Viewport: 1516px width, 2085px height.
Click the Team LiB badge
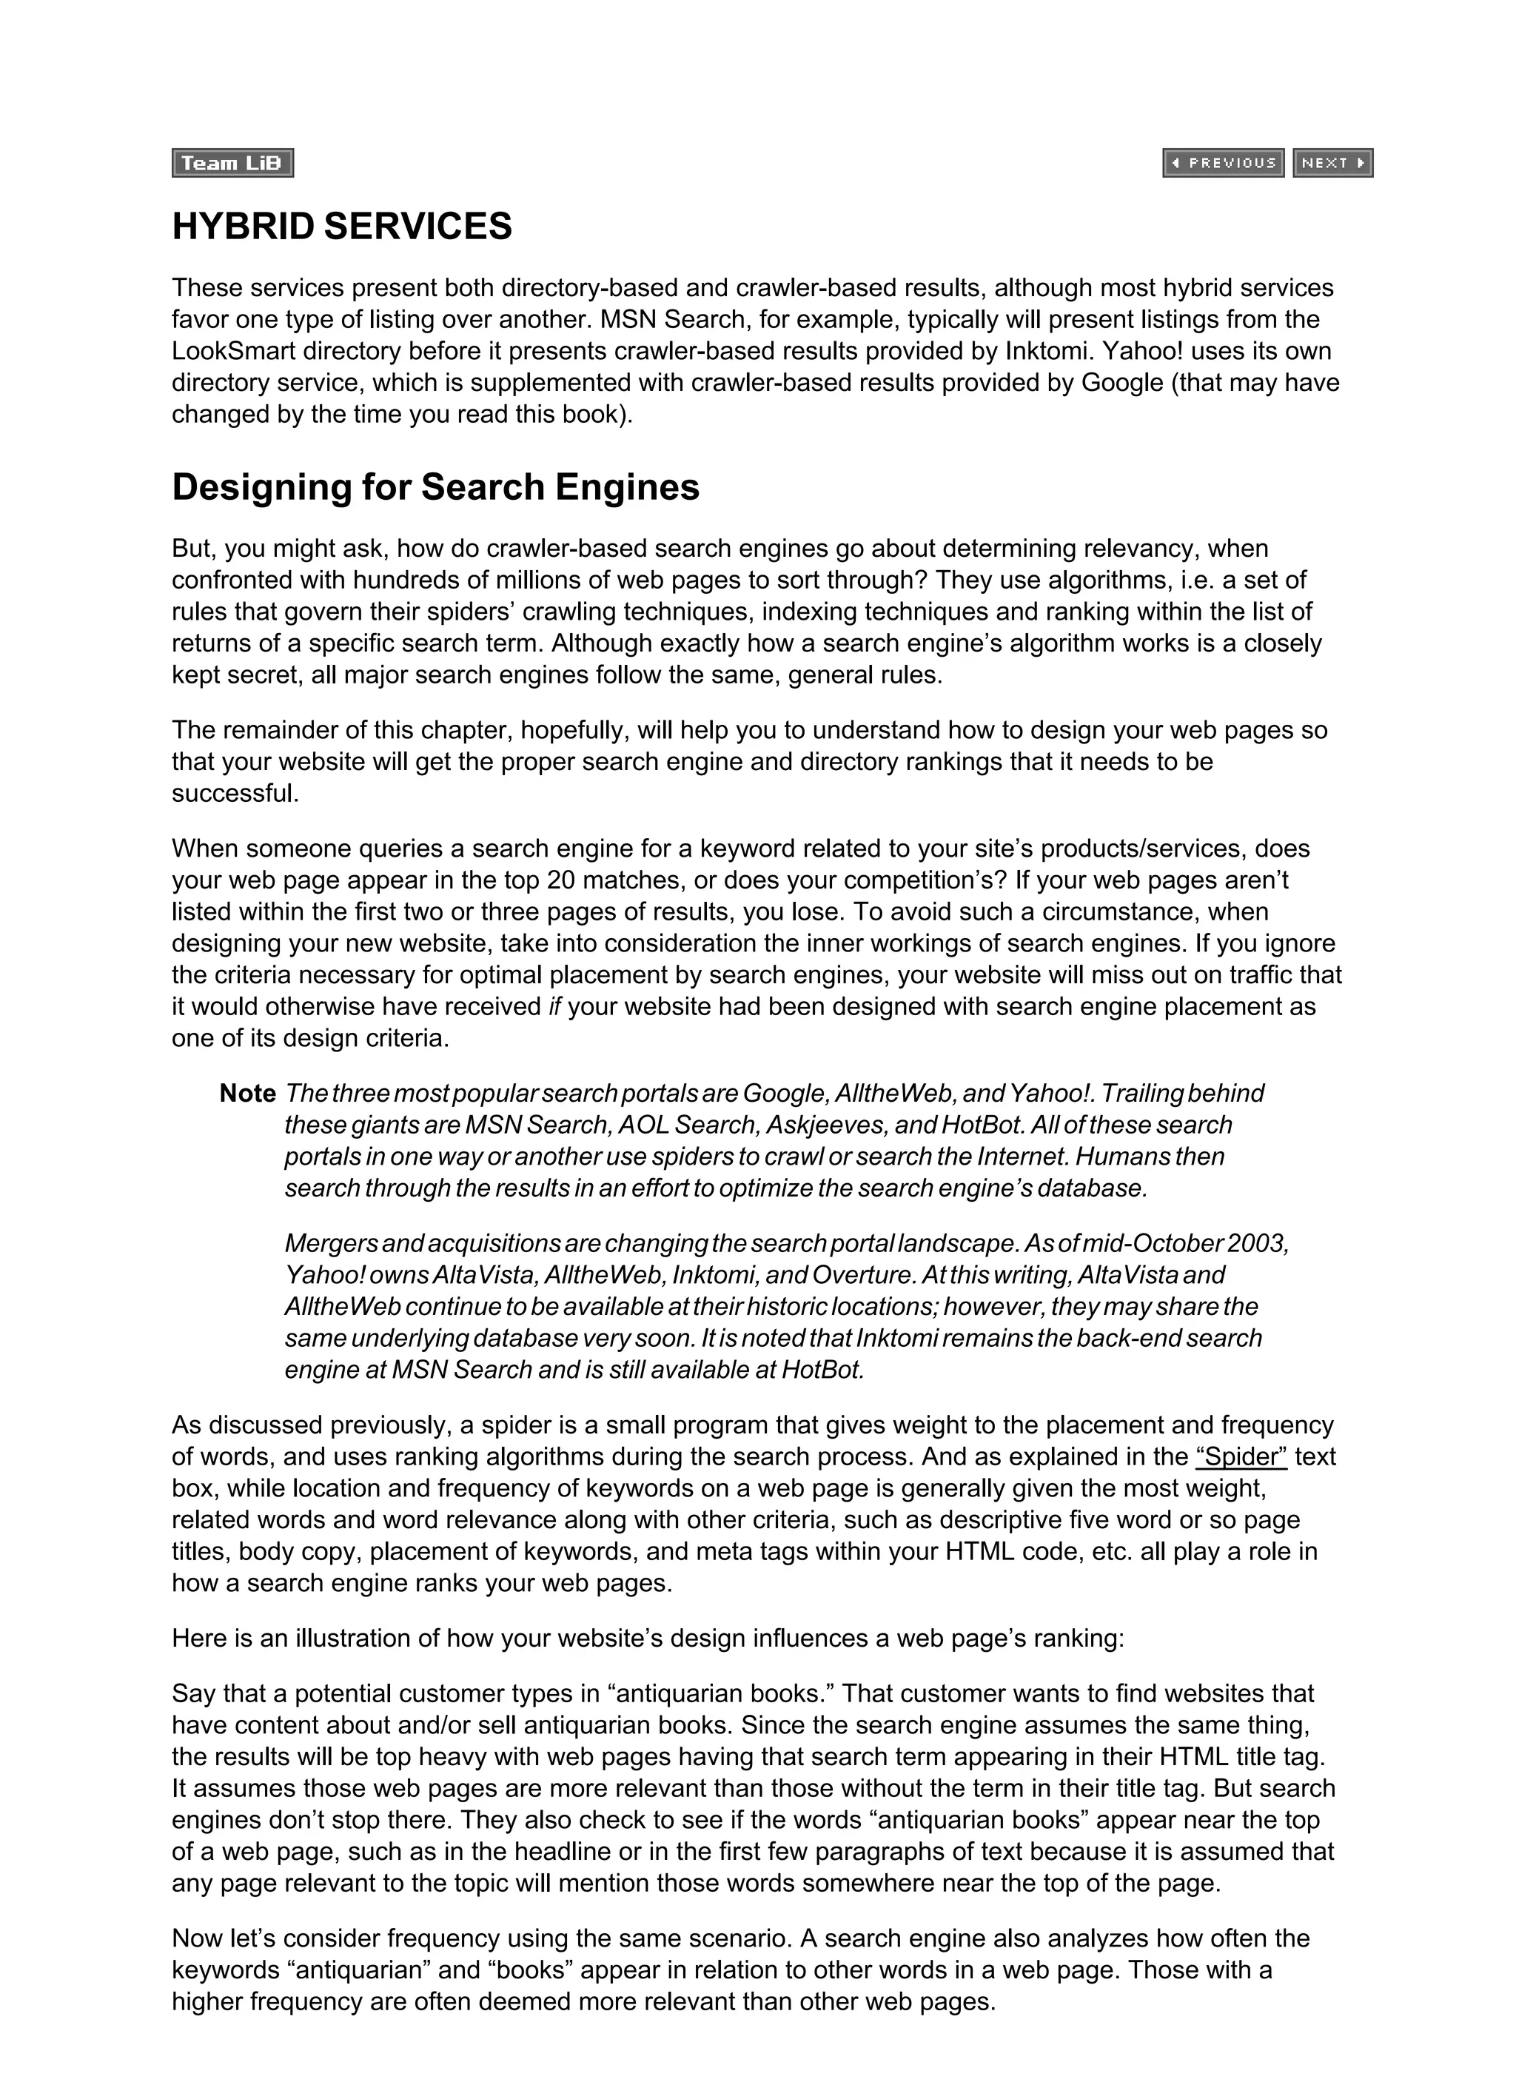click(232, 163)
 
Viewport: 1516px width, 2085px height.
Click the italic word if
click(554, 1007)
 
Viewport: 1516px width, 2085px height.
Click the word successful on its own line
click(235, 794)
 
